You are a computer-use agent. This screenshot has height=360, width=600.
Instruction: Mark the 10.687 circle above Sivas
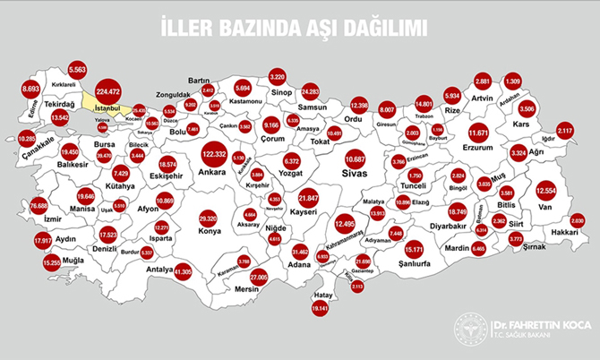(x=356, y=159)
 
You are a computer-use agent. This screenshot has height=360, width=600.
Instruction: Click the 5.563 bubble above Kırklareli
(x=77, y=69)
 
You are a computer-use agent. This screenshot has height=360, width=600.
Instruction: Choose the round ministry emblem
(x=470, y=330)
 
